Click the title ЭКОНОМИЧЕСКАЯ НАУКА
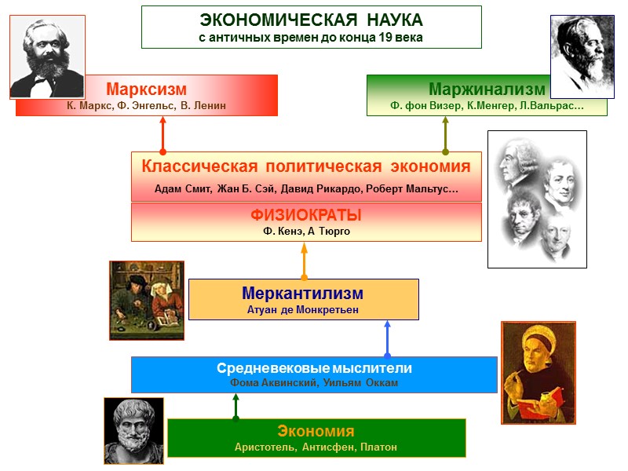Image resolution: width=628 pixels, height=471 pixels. click(x=311, y=20)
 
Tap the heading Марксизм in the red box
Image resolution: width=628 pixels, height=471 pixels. click(x=147, y=88)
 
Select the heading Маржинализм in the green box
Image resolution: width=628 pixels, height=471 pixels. click(x=487, y=88)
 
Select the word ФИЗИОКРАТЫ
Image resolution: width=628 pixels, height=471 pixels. click(x=305, y=214)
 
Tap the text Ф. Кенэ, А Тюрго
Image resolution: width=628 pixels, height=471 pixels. click(x=305, y=231)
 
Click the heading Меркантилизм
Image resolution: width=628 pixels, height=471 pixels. click(x=303, y=293)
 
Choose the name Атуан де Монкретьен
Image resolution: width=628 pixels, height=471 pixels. click(x=303, y=309)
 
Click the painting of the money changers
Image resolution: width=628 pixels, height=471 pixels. click(x=147, y=300)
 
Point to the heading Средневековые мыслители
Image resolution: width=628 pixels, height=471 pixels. click(x=314, y=367)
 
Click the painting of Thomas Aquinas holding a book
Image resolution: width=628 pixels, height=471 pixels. click(x=539, y=372)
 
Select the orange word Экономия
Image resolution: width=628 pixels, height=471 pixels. click(x=316, y=431)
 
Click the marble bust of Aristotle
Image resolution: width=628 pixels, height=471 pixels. click(x=133, y=430)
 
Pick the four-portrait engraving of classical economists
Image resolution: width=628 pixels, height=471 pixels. click(x=537, y=199)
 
